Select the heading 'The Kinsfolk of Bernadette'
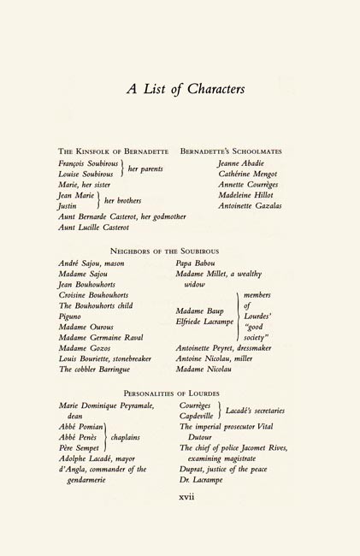(112, 151)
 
